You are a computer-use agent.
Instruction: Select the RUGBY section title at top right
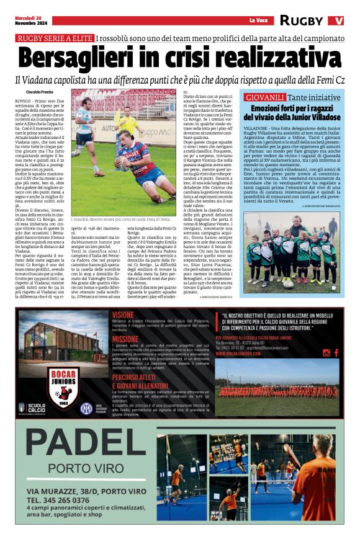301,20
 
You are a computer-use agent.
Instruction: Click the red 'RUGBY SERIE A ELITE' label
55,38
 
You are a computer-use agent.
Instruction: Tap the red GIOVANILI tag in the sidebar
265,98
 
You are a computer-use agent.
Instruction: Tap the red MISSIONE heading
126,339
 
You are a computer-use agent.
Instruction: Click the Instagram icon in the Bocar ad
327,353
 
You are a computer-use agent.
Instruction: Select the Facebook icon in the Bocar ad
336,353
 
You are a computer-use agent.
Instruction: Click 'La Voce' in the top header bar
258,21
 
